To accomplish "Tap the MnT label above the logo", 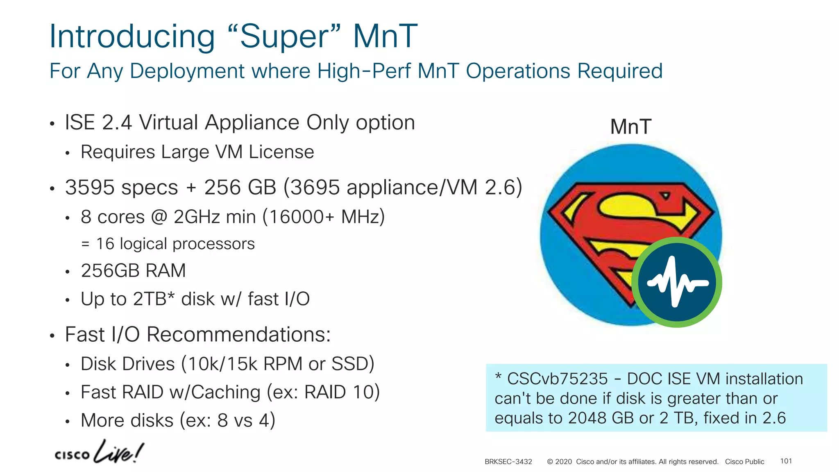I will [x=630, y=127].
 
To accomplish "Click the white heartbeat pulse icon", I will [x=677, y=282].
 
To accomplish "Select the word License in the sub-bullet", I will [x=281, y=152].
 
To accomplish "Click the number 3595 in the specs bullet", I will [x=90, y=188].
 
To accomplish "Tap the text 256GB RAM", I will [x=133, y=271].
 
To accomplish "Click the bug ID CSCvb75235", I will [x=557, y=379].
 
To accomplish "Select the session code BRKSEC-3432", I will [x=508, y=462].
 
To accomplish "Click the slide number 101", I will [x=786, y=461].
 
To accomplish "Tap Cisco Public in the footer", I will [x=744, y=462].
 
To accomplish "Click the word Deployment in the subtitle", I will [x=187, y=71].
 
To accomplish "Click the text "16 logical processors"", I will [x=175, y=244].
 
